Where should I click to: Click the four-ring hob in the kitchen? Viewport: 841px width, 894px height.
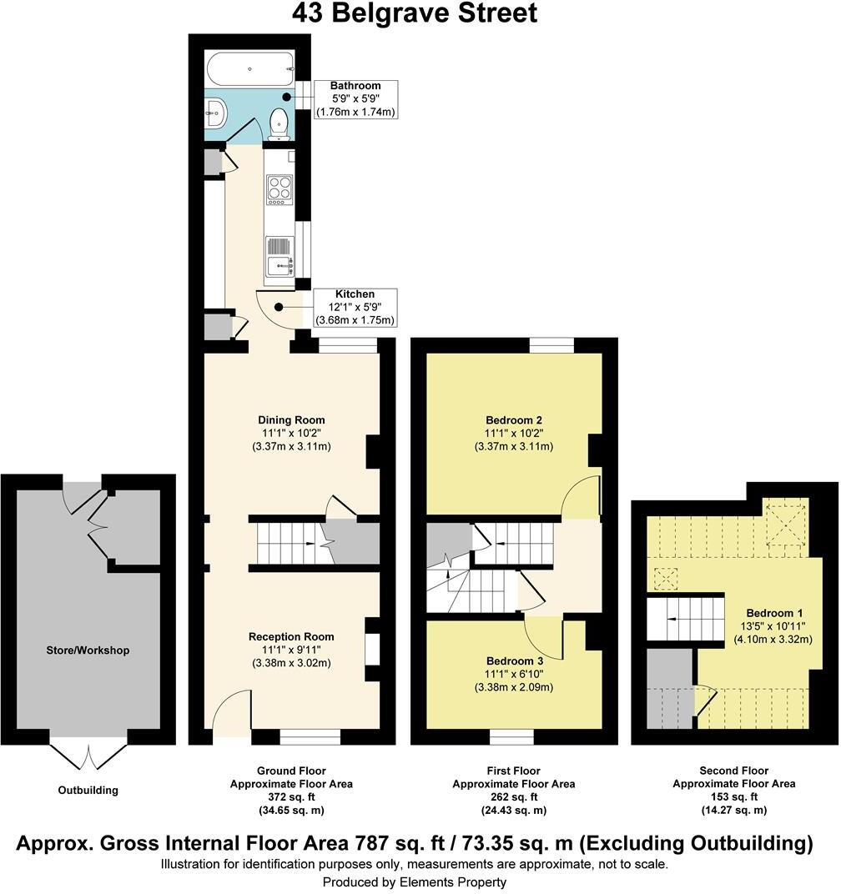279,189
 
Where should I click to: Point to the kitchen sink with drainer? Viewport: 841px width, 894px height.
279,256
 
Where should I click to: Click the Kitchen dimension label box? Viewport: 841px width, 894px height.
355,308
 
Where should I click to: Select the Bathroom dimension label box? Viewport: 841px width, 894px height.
355,99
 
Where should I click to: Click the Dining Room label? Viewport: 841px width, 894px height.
291,419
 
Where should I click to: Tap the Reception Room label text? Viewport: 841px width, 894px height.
291,636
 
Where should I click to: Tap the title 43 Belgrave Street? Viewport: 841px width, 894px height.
415,14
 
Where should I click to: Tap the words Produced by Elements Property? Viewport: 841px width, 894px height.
415,881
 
